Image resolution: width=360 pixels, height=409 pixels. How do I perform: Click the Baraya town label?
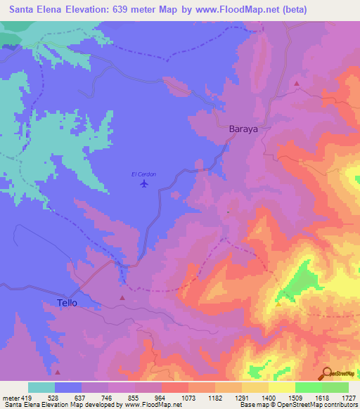244,129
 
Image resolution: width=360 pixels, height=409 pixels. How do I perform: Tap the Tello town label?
67,303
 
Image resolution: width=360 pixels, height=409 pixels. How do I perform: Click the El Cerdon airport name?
143,174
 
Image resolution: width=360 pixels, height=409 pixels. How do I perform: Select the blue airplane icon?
144,184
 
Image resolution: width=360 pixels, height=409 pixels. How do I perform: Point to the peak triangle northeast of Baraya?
297,84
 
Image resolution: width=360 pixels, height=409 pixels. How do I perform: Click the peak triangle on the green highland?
278,304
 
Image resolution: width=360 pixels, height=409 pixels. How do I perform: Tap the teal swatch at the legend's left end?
41,387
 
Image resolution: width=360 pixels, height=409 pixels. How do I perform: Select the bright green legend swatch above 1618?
308,387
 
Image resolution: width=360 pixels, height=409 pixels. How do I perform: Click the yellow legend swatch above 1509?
281,387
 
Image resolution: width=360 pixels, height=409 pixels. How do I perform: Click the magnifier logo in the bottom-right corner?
327,375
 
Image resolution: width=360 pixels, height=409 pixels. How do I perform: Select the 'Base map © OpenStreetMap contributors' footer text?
298,405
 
